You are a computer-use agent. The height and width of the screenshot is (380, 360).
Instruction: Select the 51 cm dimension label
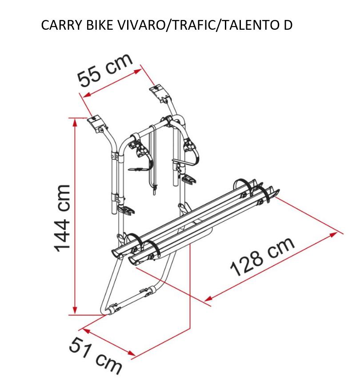[x=95, y=356]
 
